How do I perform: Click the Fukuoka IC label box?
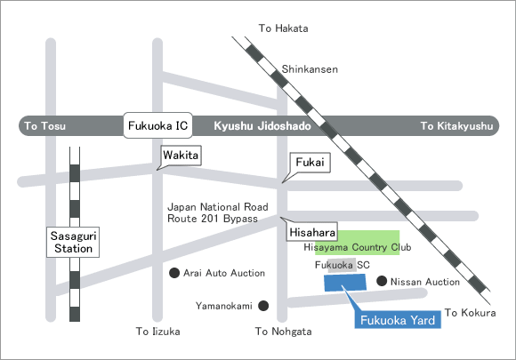157,125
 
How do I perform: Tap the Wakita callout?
181,156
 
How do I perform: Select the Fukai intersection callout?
310,163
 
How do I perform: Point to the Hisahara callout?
312,231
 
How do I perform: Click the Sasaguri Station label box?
73,242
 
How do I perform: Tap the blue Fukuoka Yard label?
398,320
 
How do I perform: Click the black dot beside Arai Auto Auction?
174,273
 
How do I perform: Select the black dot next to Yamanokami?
263,306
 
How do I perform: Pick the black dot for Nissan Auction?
382,281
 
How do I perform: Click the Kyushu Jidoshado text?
262,126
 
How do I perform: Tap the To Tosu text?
45,126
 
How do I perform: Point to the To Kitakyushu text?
456,126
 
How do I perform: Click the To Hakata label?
283,28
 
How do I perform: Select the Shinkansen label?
310,69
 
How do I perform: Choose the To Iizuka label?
158,331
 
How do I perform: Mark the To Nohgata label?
283,332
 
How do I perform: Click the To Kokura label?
471,313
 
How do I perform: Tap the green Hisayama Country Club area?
358,243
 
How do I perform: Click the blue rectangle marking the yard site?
345,283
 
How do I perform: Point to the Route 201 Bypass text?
213,219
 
